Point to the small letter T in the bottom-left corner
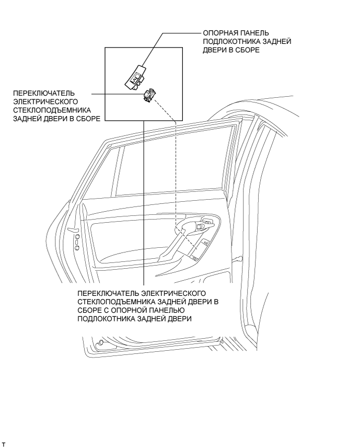coord(4,444)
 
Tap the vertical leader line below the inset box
coord(143,209)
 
